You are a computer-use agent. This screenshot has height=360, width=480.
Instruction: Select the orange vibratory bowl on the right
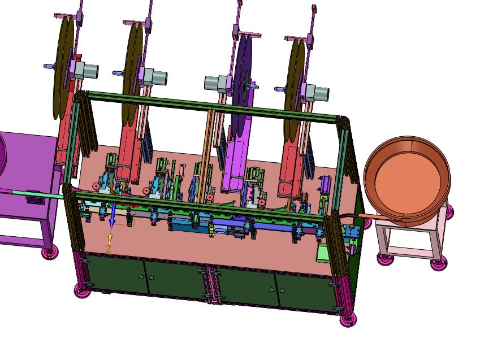click(408, 180)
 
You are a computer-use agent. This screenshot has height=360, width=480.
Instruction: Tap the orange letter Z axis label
click(109, 249)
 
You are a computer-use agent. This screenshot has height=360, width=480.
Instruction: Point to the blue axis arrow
click(113, 216)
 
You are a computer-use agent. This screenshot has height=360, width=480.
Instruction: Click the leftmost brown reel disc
click(63, 67)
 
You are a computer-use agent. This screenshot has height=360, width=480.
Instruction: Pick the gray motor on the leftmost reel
click(87, 70)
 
